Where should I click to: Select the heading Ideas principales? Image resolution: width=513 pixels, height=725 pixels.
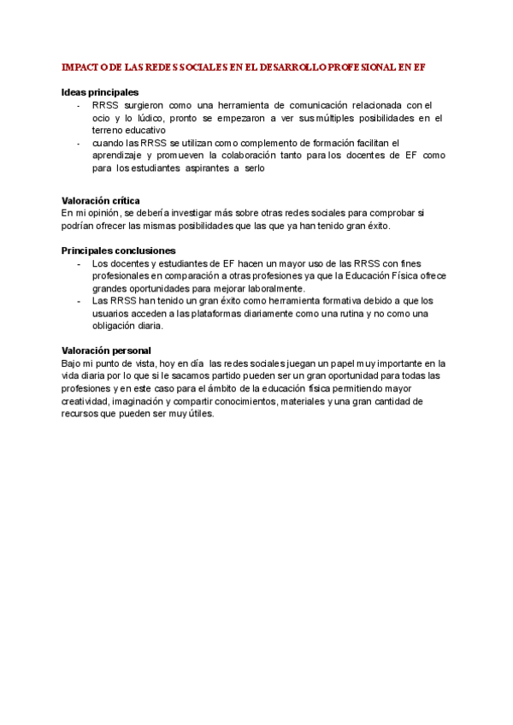(100, 92)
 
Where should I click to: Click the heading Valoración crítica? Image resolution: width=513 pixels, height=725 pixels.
(101, 200)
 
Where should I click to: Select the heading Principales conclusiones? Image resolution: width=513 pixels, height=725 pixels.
(119, 251)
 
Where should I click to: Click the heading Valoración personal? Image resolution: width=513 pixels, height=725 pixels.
(106, 351)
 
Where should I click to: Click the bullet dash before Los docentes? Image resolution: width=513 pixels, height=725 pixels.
(78, 263)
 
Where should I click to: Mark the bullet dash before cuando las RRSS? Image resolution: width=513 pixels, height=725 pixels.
(78, 143)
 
